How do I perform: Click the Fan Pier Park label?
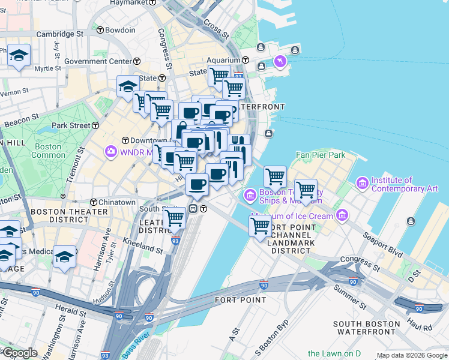pos(321,155)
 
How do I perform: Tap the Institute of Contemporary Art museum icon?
pos(362,182)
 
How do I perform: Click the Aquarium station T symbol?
pos(246,61)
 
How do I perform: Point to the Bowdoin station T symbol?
pos(100,29)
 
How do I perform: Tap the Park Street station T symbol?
pos(95,126)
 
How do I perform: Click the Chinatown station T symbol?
pos(94,203)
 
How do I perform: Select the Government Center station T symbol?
pos(137,61)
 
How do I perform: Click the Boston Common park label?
pos(49,151)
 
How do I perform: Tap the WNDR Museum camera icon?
pos(111,151)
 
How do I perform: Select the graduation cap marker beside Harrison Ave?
pos(64,257)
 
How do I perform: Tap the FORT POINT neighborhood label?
pos(240,299)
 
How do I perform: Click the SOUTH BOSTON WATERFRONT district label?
pos(368,328)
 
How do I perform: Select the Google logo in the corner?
pos(19,353)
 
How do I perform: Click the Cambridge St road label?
pos(59,34)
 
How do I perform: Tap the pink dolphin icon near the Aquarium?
pos(280,61)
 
